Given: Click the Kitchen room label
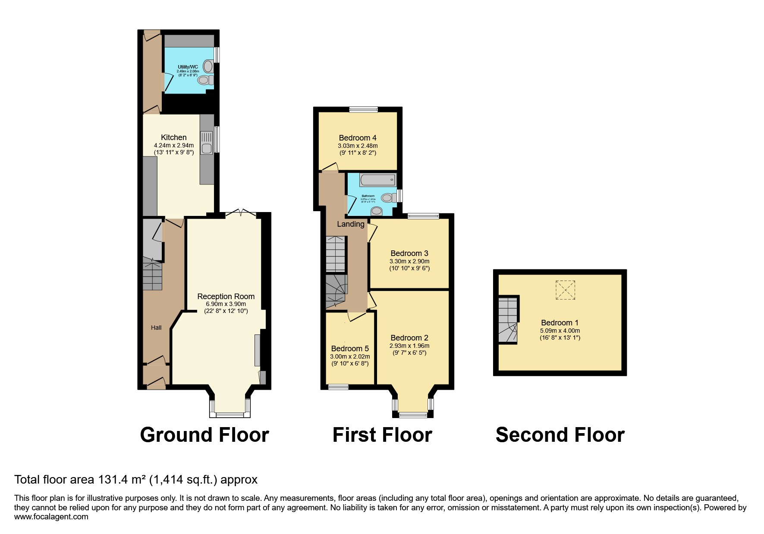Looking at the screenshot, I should click(173, 137).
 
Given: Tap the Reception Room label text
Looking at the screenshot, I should click(226, 297).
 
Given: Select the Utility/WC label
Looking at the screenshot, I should click(188, 67).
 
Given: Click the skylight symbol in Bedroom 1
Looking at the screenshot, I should click(565, 290).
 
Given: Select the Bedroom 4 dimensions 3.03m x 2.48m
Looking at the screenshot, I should click(357, 146).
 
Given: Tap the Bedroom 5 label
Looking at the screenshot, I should click(349, 349).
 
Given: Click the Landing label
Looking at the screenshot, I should click(350, 224).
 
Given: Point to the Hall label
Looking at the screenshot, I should click(156, 328).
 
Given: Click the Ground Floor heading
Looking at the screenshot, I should click(204, 435).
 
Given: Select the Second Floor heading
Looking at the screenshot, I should click(560, 435).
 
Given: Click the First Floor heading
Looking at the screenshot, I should click(382, 435).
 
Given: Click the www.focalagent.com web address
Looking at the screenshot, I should click(51, 517).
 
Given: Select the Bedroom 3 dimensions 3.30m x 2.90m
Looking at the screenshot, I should click(409, 261).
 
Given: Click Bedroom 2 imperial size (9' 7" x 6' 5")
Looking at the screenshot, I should click(409, 353).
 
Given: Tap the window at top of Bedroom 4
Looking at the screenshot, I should click(363, 109).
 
